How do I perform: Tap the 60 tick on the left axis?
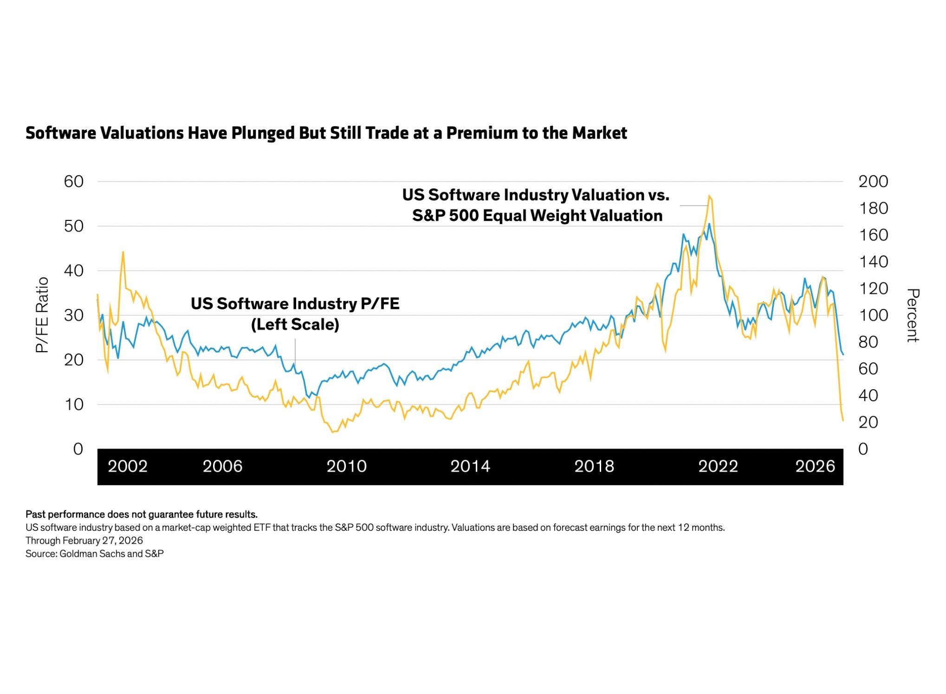pyautogui.click(x=74, y=181)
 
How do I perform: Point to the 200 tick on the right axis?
pyautogui.click(x=873, y=181)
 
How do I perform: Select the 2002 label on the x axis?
pyautogui.click(x=128, y=466)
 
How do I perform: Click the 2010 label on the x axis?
pyautogui.click(x=346, y=466)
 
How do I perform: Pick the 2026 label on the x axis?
pyautogui.click(x=815, y=466)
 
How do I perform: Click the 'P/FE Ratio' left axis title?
pyautogui.click(x=42, y=315)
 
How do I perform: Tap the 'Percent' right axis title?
pyautogui.click(x=913, y=315)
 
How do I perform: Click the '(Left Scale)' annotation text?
pyautogui.click(x=295, y=324)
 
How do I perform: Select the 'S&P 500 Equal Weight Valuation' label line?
pyautogui.click(x=537, y=216)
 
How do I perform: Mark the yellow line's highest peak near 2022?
pyautogui.click(x=709, y=196)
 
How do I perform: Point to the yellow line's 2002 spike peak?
pyautogui.click(x=123, y=252)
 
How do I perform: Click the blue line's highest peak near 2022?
pyautogui.click(x=709, y=224)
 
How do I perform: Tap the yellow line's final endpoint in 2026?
pyautogui.click(x=843, y=420)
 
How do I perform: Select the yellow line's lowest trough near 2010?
pyautogui.click(x=332, y=432)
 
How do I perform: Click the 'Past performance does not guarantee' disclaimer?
pyautogui.click(x=142, y=514)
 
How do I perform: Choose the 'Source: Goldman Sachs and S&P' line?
pyautogui.click(x=95, y=554)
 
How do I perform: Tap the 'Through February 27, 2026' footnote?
pyautogui.click(x=84, y=540)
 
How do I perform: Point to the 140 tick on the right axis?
pyautogui.click(x=873, y=262)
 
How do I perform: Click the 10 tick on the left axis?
pyautogui.click(x=74, y=405)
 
